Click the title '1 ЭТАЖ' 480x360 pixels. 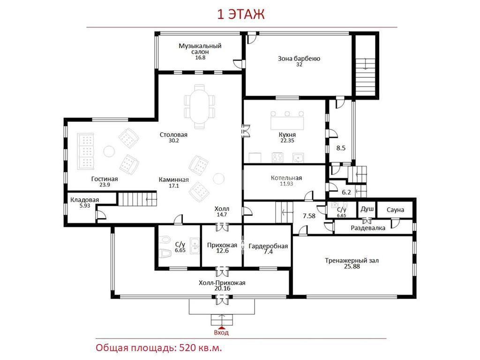tap(240, 15)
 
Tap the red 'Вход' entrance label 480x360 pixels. tap(221, 332)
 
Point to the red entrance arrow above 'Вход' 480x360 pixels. tap(222, 328)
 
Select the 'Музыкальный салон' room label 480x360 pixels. tap(200, 49)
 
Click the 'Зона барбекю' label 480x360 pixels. tap(299, 59)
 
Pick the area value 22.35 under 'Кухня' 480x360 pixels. tap(287, 141)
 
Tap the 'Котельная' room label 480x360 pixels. tap(286, 178)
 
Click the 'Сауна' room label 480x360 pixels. tap(395, 210)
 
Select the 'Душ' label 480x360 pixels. tap(367, 209)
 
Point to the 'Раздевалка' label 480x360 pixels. tap(368, 228)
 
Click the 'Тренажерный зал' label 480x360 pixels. tap(352, 261)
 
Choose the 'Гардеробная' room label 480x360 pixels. tap(268, 246)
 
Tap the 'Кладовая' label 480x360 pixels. tap(85, 200)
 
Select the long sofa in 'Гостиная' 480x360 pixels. tap(85, 151)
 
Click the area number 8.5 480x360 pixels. tap(341, 148)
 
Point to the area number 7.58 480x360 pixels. tap(309, 216)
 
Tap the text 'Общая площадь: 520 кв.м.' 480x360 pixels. tap(158, 348)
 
